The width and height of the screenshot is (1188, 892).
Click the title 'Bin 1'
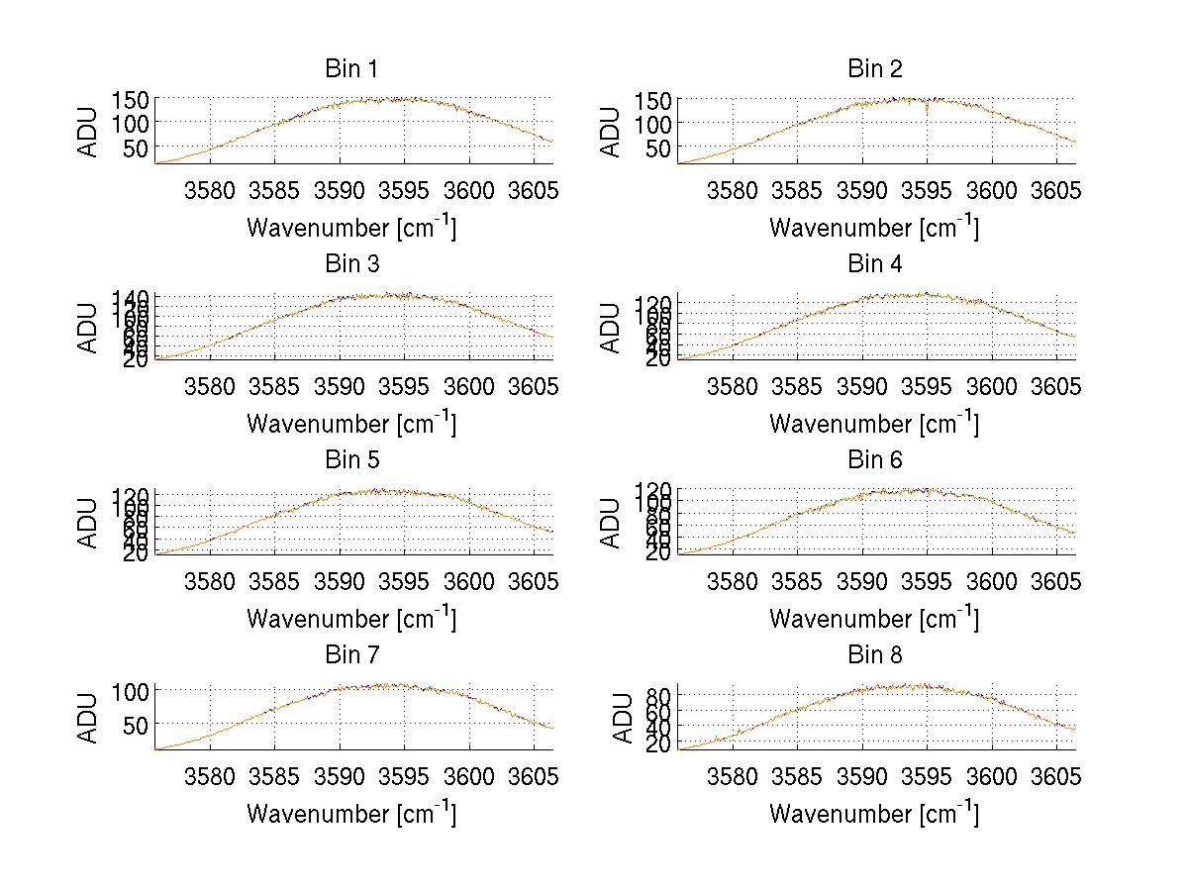[350, 69]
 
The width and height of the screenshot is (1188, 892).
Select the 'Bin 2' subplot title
[875, 69]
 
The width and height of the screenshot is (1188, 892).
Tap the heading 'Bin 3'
[350, 264]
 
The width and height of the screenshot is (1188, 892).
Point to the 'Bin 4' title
[875, 264]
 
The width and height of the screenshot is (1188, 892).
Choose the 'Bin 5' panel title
[350, 460]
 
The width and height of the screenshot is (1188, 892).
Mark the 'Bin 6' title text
[875, 460]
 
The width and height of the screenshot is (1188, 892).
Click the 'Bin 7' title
[350, 655]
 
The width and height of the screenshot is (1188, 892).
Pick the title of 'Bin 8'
[875, 655]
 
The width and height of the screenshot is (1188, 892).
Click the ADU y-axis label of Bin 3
[89, 327]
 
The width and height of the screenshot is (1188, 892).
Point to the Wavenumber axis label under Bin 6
[874, 619]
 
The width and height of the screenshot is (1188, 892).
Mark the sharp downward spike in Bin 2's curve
[927, 112]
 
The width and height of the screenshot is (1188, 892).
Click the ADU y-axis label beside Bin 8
[624, 718]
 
